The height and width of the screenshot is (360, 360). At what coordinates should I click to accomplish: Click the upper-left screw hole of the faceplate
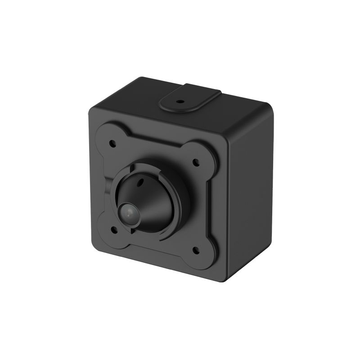click(112, 144)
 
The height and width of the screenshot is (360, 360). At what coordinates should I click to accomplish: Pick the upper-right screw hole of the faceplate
click(195, 161)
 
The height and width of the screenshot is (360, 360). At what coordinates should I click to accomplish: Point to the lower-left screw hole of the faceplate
click(113, 229)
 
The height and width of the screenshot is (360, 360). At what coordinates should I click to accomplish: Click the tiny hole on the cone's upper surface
click(140, 183)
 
